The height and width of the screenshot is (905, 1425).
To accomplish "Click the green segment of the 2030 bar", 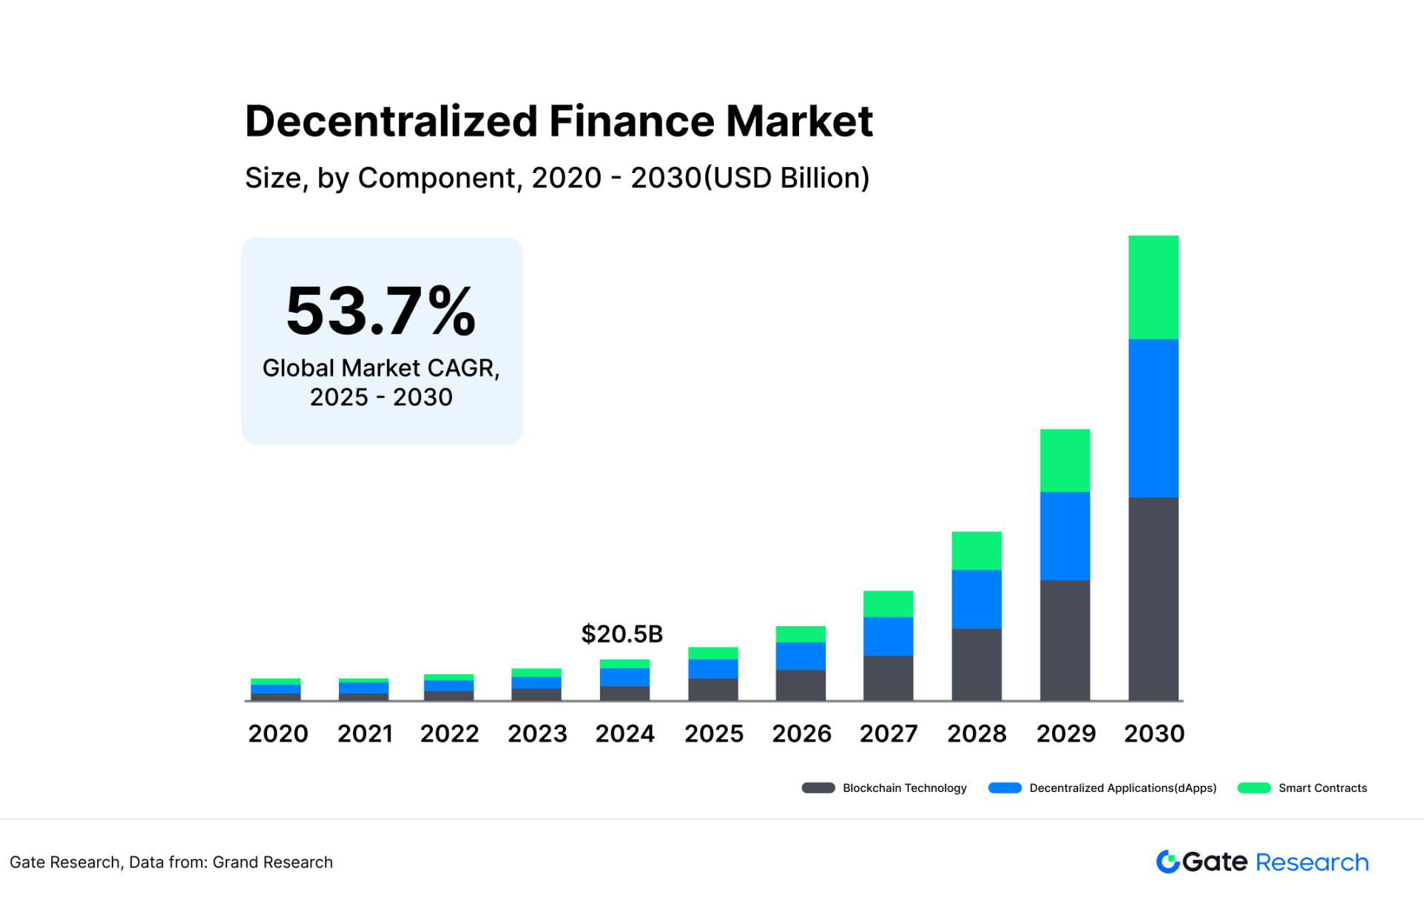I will (x=1153, y=288).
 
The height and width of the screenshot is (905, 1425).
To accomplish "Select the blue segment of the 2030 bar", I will (x=1153, y=418).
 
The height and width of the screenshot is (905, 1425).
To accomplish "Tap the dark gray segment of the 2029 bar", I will (x=1065, y=640).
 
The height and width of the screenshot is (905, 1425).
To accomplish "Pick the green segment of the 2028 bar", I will (x=977, y=551).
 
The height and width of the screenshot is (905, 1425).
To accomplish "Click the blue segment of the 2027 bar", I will (x=888, y=637).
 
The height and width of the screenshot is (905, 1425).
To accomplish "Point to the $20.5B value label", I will (x=622, y=634).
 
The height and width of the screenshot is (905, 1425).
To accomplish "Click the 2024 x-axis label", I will (x=625, y=734).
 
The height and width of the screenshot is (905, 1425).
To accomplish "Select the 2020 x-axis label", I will (x=278, y=734).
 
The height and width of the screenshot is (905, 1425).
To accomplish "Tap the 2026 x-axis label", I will (x=801, y=734).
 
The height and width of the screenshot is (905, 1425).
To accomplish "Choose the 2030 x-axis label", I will (x=1154, y=734).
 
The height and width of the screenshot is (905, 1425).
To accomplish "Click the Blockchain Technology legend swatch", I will (x=818, y=788).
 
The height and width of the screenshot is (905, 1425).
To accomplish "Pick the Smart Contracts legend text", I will (x=1322, y=788).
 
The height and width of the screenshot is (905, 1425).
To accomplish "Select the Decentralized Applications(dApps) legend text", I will (x=1122, y=788).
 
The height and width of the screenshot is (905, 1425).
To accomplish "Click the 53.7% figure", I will (x=381, y=311).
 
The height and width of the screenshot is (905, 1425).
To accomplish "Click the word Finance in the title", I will (x=631, y=121).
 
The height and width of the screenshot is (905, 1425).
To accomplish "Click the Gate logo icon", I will (x=1168, y=862).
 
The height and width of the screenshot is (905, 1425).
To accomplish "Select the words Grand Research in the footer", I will (x=272, y=863).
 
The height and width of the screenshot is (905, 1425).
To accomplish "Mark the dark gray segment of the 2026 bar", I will (x=801, y=685).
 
